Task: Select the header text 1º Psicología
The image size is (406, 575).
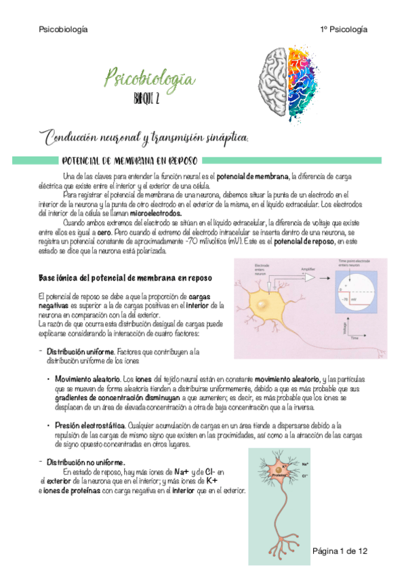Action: coord(344,30)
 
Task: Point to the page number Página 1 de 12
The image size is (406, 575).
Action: coord(340,552)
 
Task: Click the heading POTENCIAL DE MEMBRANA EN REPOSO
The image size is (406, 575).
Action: coord(129,161)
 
